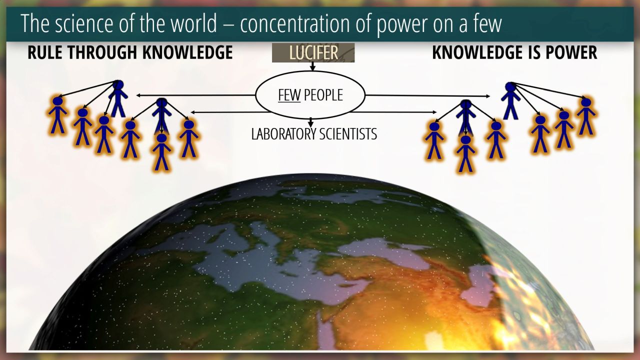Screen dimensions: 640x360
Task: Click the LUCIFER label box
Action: coord(313,52)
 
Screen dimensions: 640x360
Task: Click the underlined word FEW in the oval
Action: coord(289,95)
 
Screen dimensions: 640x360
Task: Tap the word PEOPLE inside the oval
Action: coord(323,95)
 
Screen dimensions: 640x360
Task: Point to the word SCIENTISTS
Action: coord(348,134)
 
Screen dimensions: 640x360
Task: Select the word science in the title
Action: coord(84,24)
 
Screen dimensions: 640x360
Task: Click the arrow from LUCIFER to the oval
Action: coord(312,66)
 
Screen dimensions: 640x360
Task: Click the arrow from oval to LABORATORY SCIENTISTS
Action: coord(311,122)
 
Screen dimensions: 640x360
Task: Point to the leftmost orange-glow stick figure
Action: coord(57,115)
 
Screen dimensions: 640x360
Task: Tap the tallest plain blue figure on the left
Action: coord(118,98)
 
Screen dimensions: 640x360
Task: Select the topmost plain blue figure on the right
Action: coord(510,101)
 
